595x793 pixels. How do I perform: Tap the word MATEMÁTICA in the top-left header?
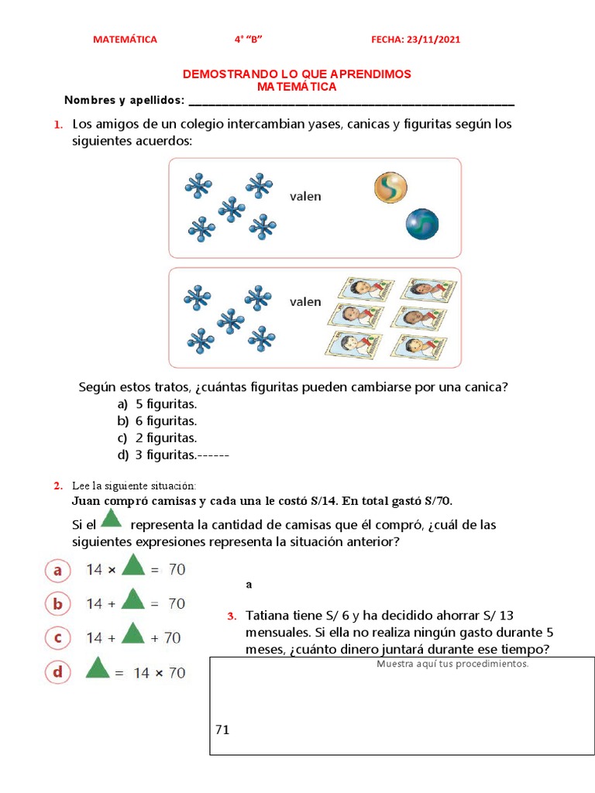click(x=125, y=39)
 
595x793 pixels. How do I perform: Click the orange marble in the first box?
click(x=390, y=188)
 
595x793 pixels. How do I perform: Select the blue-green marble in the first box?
click(x=422, y=224)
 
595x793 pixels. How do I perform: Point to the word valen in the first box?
click(x=305, y=197)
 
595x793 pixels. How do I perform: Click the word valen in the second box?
click(x=305, y=301)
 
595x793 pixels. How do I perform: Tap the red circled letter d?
click(x=57, y=671)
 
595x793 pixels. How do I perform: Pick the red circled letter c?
click(x=57, y=638)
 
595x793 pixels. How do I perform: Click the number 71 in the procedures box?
click(x=223, y=729)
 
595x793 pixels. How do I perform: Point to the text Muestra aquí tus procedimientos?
click(x=452, y=664)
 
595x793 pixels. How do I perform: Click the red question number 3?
click(x=231, y=616)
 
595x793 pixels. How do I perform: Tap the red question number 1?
click(x=57, y=125)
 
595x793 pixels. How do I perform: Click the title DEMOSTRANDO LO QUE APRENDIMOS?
click(x=297, y=74)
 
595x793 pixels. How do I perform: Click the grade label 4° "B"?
click(x=254, y=39)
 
